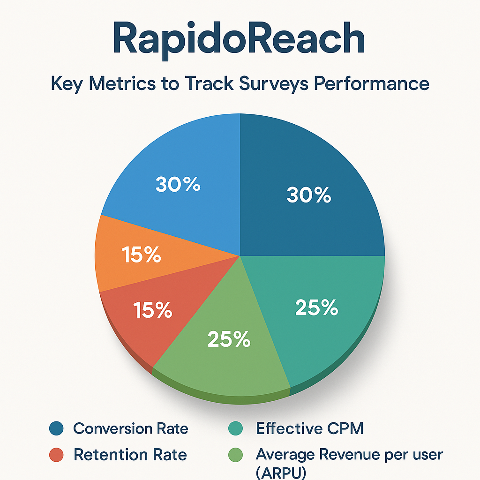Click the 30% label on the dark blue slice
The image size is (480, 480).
pos(309,195)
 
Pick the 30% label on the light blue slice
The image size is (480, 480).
pos(178,184)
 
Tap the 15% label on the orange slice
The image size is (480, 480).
pos(142,255)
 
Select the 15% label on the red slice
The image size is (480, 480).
pos(152,310)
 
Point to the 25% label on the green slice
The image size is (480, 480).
pos(229,339)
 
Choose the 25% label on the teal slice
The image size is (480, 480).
pos(317,307)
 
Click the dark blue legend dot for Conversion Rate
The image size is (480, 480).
pos(56,428)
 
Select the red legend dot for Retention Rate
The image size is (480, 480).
pos(56,455)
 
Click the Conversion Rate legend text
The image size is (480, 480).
pos(131,428)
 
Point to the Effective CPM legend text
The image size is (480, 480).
pos(309,428)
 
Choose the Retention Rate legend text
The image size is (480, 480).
pos(130,455)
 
